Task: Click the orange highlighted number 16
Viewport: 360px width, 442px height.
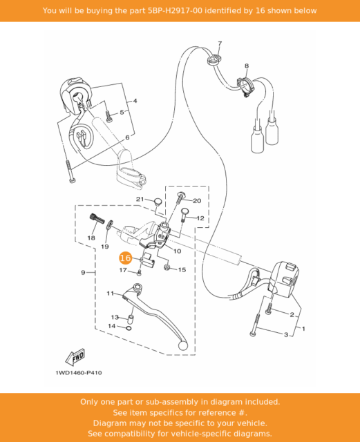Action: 125,258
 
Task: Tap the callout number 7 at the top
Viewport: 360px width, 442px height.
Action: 220,44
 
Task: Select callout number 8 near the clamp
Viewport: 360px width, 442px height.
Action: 246,66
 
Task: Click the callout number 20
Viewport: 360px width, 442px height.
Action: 197,200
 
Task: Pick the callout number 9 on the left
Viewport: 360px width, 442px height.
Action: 83,273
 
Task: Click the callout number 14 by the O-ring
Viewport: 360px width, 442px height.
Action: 111,325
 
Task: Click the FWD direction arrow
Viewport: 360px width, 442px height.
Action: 75,357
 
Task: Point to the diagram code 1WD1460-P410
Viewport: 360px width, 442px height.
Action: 79,373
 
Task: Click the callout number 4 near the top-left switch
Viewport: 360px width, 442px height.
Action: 135,101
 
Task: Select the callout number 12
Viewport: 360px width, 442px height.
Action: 200,218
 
